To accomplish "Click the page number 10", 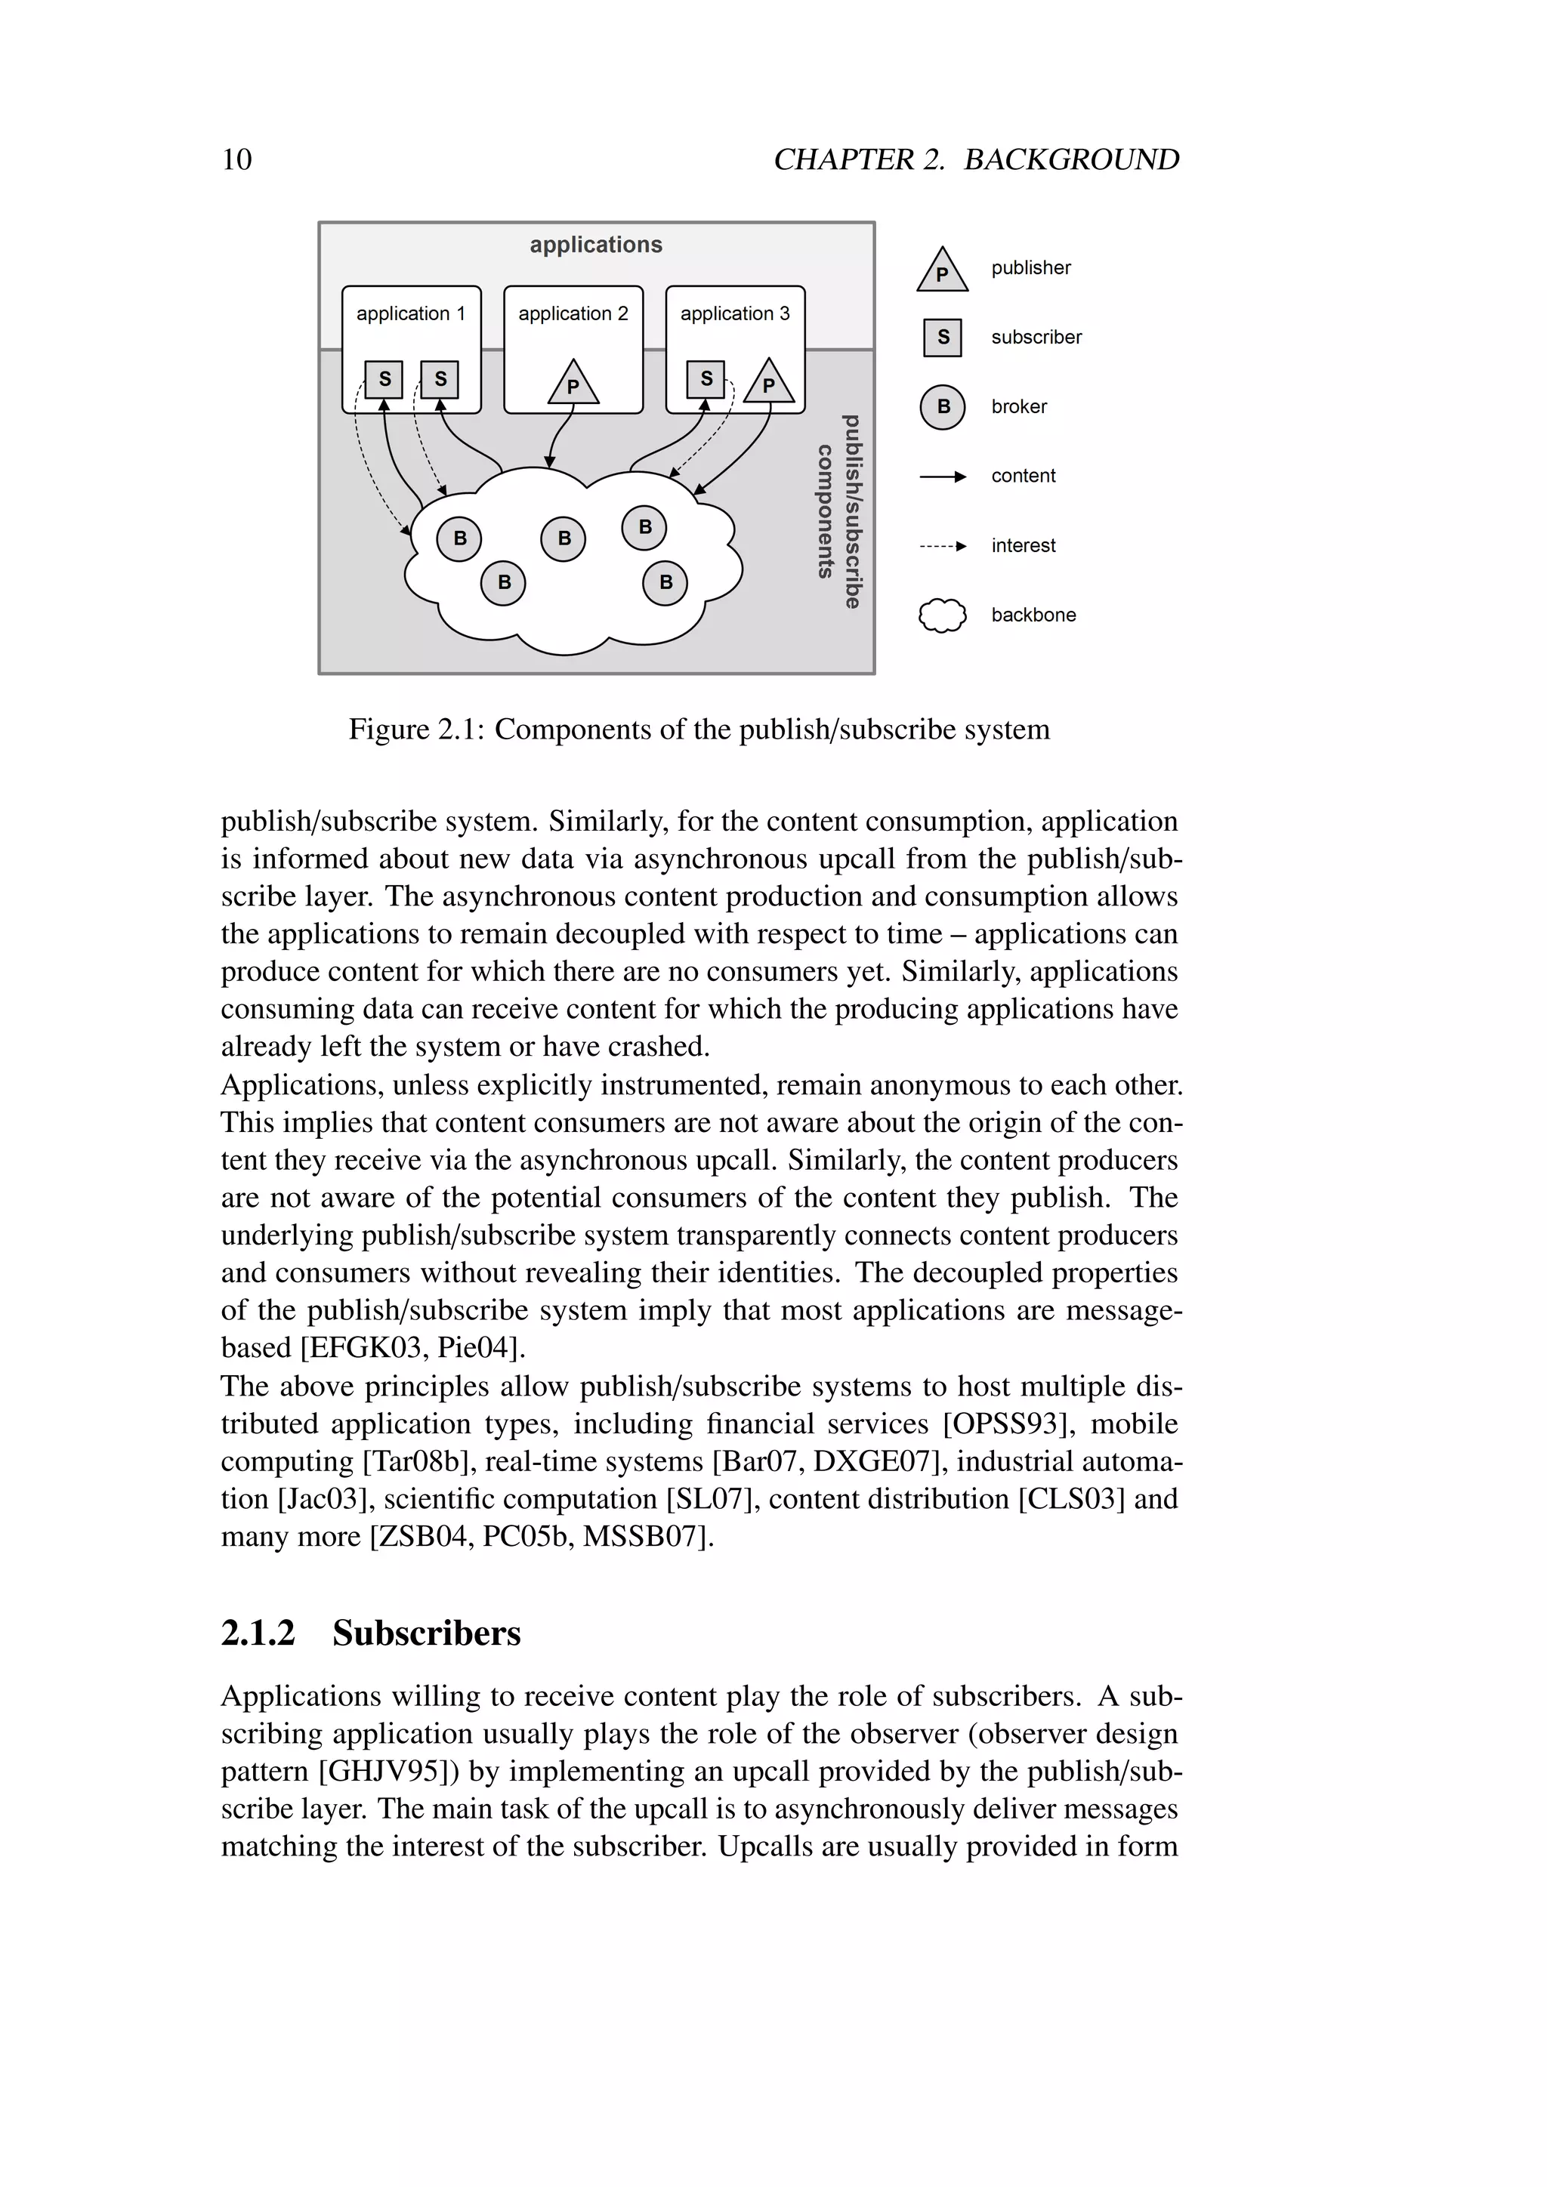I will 236,159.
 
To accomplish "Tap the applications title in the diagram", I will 595,245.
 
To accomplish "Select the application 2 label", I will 573,313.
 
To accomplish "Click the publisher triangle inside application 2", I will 573,384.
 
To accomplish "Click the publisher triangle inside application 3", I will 769,383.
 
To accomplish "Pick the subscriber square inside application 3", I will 706,378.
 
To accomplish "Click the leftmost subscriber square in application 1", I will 384,378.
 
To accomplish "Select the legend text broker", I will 1018,407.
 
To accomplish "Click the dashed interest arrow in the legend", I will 942,546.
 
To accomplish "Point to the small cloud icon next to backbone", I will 942,615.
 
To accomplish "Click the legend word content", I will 1023,477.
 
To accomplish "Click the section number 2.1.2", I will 258,1633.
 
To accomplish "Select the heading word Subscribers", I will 426,1633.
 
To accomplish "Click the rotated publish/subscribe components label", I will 838,511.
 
